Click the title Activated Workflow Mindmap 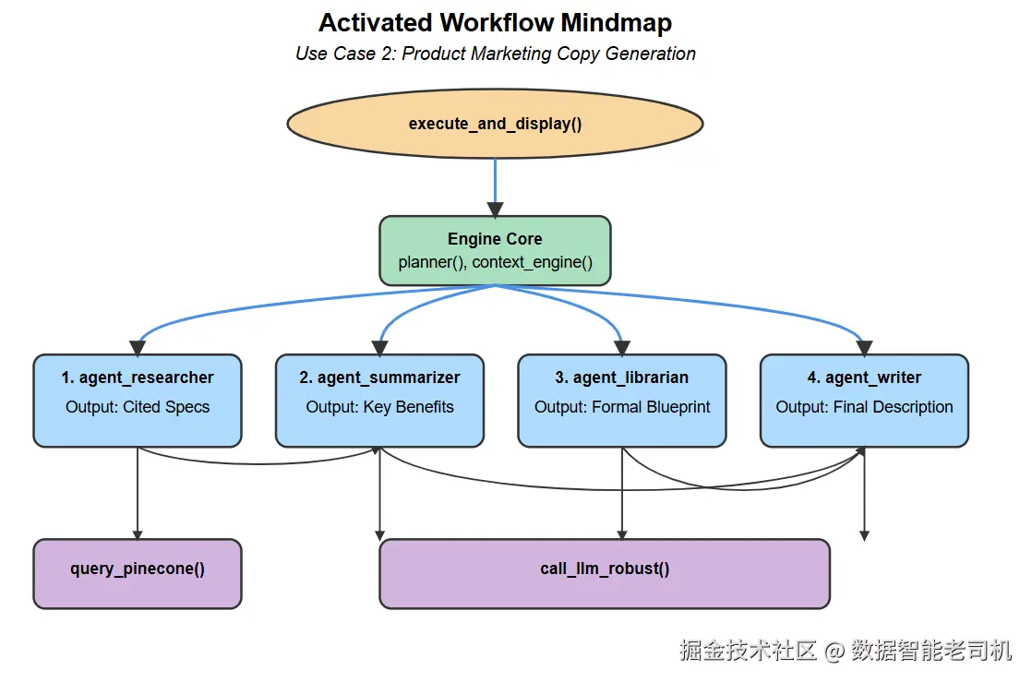point(495,22)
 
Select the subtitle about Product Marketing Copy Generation point(495,54)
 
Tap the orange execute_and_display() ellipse point(495,124)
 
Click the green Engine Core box point(495,251)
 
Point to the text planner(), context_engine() point(495,262)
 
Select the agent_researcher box point(138,401)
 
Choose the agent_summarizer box point(379,401)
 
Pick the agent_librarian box point(622,401)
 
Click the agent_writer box point(864,401)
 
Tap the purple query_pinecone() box point(138,574)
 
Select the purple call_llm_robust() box point(605,574)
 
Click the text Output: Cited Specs point(138,407)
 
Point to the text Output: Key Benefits point(379,407)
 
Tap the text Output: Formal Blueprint point(622,407)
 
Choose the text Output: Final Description point(864,407)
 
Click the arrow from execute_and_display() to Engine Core point(495,187)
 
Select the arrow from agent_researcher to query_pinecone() point(138,494)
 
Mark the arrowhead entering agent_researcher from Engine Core point(138,348)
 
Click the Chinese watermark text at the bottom point(846,650)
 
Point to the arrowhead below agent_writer point(864,535)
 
